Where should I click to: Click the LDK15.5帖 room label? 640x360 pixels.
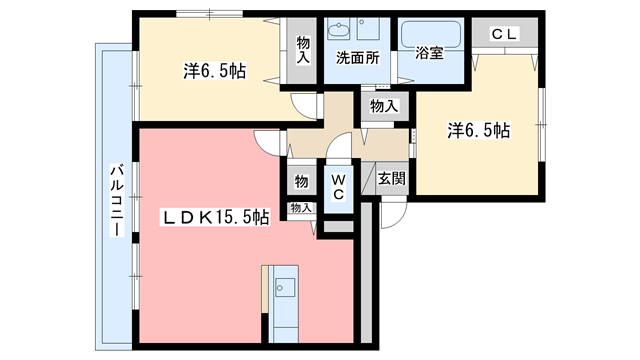(216, 215)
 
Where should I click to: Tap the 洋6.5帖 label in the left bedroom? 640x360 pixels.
(214, 70)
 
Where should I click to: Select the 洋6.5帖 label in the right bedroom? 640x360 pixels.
(478, 130)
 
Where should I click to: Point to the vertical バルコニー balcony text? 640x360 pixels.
(115, 201)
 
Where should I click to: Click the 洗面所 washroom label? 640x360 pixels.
(357, 58)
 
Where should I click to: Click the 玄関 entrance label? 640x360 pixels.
(391, 179)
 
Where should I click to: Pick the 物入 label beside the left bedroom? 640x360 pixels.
(302, 50)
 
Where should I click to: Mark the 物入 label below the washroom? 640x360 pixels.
(383, 104)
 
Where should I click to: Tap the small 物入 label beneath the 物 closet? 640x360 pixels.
(300, 207)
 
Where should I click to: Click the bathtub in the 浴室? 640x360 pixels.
(429, 34)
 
